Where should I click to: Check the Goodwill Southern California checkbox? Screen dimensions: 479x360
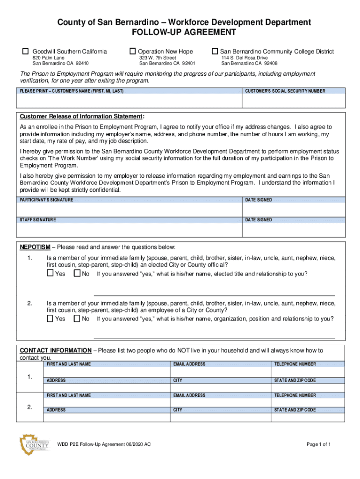26,51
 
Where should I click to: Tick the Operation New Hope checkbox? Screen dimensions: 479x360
133,51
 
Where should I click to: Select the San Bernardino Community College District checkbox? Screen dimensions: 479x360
215,51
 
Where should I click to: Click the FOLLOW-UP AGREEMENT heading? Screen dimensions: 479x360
184,32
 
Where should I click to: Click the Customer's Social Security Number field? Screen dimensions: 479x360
294,101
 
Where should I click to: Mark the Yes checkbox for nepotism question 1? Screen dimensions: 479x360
50,274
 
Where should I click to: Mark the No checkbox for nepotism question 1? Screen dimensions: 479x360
77,274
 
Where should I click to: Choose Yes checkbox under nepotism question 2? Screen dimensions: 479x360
50,319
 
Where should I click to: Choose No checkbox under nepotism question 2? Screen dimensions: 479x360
77,319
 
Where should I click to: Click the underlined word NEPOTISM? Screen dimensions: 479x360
35,247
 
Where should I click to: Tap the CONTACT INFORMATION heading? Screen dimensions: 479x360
55,350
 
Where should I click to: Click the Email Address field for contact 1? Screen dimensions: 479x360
220,372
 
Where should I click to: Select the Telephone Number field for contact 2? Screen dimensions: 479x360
308,403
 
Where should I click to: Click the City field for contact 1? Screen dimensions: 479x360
220,388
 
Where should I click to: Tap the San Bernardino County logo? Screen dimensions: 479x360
34,445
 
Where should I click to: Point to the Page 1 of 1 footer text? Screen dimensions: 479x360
319,444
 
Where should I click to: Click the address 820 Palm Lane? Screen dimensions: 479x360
45,58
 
